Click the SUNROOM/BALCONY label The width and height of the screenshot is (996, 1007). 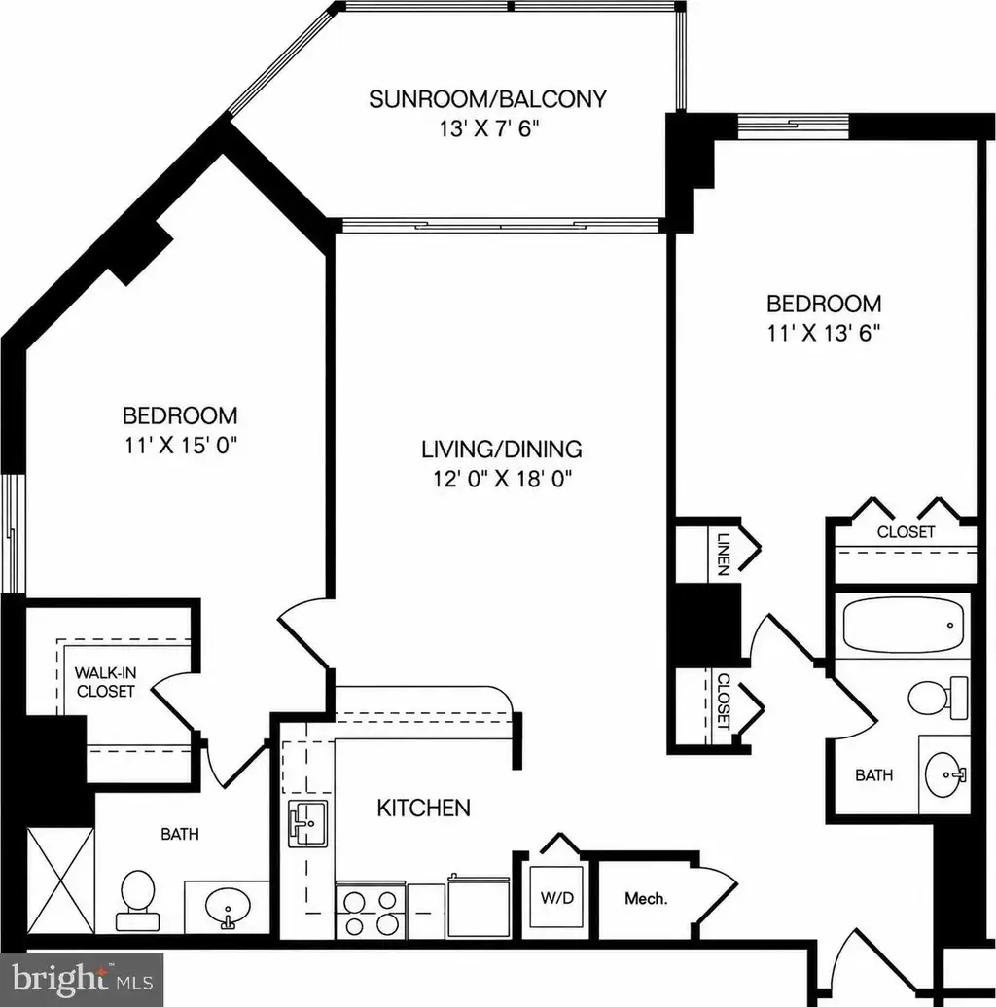(487, 99)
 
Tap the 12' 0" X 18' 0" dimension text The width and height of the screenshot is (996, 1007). (502, 479)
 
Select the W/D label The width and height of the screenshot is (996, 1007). (556, 898)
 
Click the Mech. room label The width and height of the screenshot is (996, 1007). (646, 898)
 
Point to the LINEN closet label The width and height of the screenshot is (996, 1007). (724, 554)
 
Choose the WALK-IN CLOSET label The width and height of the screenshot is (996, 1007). (105, 682)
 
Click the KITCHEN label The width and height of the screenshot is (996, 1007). (423, 808)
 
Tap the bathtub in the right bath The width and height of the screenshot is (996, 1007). (903, 625)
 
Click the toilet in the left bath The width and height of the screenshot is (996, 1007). (137, 900)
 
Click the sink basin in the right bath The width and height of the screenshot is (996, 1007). (944, 774)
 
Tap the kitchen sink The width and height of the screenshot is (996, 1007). (307, 823)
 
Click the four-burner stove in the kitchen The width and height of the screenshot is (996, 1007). (371, 911)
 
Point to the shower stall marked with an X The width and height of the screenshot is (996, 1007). (60, 880)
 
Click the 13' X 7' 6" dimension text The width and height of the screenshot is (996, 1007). (488, 129)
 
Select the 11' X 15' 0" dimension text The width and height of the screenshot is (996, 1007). (181, 445)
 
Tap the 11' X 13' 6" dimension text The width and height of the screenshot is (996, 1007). (823, 333)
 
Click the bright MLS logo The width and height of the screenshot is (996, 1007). (83, 980)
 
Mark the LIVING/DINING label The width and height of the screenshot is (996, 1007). (502, 449)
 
